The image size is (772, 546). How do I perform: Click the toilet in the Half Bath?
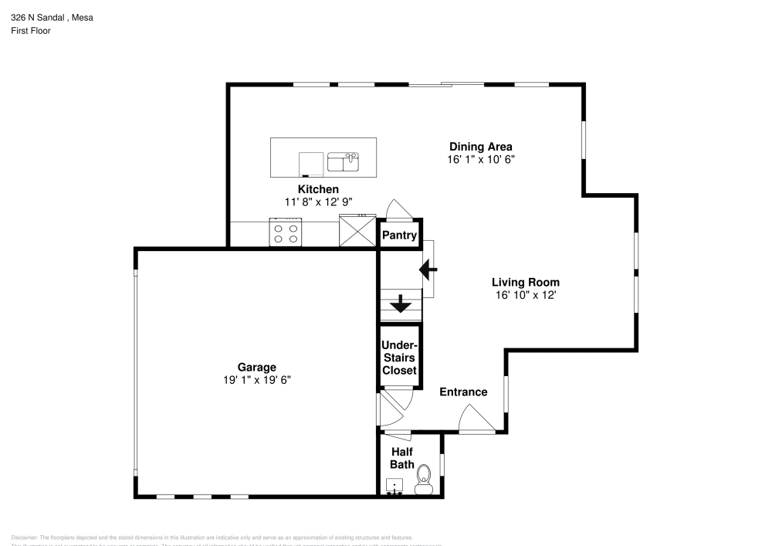423,479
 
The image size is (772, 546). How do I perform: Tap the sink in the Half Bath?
396,486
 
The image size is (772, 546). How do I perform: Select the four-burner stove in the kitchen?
284,232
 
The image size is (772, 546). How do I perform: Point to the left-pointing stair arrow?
428,270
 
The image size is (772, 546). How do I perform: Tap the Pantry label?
400,236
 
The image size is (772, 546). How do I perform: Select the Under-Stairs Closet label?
400,358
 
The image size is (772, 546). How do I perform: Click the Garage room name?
256,367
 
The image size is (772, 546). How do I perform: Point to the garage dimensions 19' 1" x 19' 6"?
256,380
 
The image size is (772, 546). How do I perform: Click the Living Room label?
526,282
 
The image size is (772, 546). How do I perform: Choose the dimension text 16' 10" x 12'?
526,295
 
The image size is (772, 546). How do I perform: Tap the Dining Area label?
481,146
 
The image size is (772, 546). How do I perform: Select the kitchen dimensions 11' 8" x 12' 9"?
318,202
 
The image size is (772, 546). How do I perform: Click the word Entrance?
463,392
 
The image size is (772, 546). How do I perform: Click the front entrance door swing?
475,421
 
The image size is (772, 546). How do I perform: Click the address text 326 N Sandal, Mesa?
52,17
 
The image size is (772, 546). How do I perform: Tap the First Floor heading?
31,31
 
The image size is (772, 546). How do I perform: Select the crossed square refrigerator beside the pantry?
357,232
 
